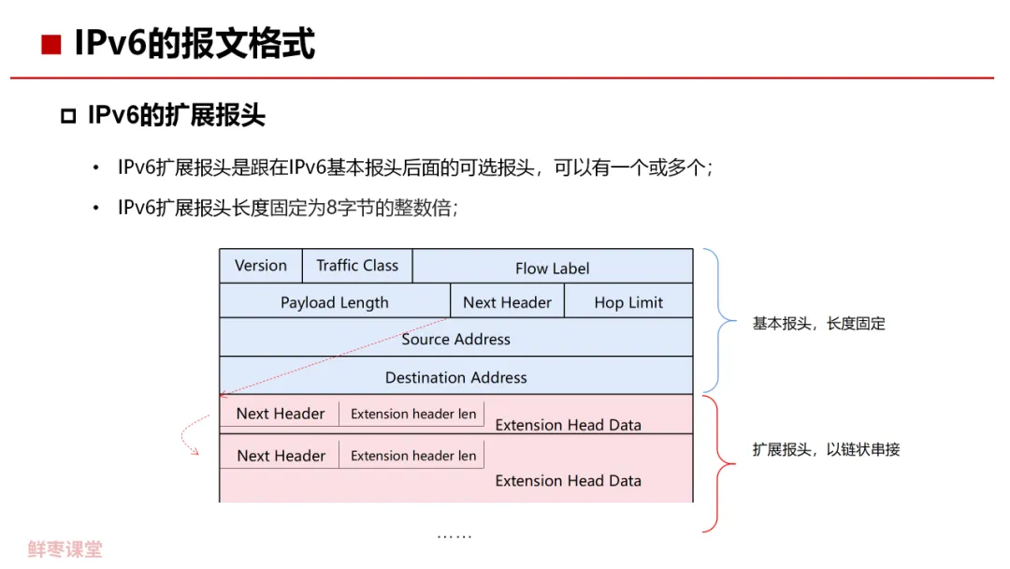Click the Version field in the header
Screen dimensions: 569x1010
coord(261,266)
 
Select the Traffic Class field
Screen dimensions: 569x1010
coord(357,266)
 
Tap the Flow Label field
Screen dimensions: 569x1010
coord(552,269)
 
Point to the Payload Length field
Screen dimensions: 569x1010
coord(334,302)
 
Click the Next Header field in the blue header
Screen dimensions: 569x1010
coord(507,302)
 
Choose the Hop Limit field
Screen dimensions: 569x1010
coord(628,302)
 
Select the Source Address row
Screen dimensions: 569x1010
coord(455,339)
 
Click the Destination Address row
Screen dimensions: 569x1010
coord(455,377)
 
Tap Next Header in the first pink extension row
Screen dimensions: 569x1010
coord(281,414)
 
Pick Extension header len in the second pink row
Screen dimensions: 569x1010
coord(412,456)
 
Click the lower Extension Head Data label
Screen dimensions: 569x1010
coord(568,481)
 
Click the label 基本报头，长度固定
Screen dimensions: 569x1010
coord(818,324)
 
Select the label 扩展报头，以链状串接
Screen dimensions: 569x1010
coord(826,449)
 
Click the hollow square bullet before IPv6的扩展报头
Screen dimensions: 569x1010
coord(67,117)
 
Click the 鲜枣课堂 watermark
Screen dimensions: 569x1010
coord(65,549)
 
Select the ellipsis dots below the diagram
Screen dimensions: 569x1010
coord(454,536)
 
